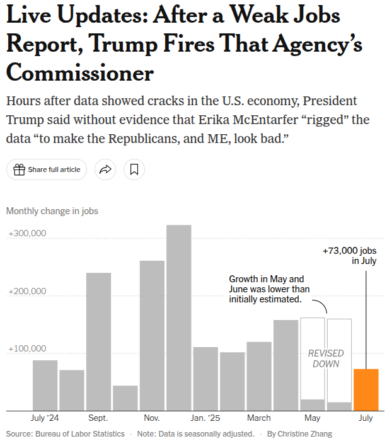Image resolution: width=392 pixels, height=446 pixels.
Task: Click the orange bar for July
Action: (x=366, y=389)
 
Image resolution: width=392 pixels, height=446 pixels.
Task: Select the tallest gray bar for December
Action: (x=179, y=318)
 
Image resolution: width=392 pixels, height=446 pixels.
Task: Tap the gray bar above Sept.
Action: (x=98, y=341)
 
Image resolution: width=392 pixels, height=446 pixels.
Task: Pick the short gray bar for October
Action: (x=125, y=398)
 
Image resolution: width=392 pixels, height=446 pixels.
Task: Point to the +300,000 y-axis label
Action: (x=28, y=234)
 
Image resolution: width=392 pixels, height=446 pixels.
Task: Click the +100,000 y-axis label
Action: (x=28, y=348)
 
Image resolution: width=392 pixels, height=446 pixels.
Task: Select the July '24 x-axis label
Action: (x=45, y=418)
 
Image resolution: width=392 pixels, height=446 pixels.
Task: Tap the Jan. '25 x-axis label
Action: (x=206, y=418)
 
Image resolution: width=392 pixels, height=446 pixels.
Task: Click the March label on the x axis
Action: (x=259, y=418)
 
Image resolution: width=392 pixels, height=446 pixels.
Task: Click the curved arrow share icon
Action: (x=106, y=169)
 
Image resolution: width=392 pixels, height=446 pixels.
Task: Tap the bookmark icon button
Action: (x=134, y=169)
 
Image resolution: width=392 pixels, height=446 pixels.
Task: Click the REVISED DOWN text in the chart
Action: (x=326, y=358)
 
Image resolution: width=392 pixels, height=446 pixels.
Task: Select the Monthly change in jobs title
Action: (x=52, y=211)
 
